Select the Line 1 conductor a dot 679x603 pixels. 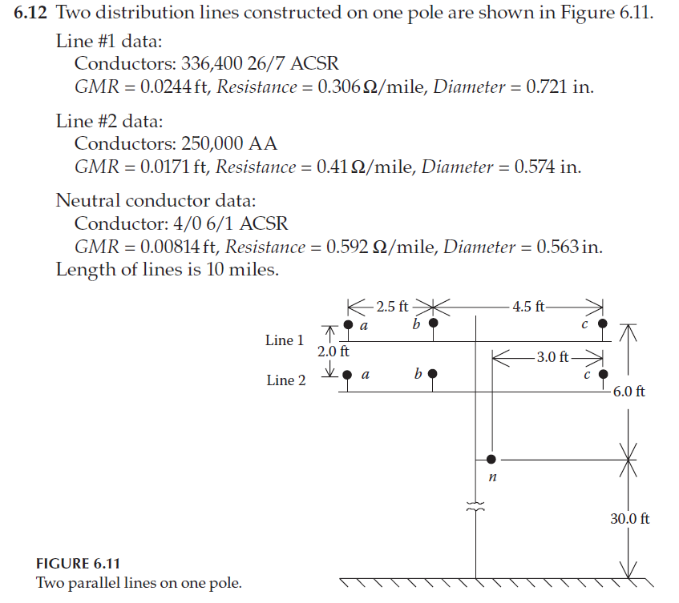[x=348, y=325]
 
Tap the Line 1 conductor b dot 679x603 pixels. [x=434, y=324]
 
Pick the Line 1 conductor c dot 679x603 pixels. [x=603, y=324]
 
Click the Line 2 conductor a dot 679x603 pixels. [x=348, y=374]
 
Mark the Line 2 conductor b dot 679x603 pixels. [x=434, y=374]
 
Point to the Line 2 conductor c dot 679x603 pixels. [x=603, y=374]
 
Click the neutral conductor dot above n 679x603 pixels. [x=491, y=460]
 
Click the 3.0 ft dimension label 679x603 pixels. [x=552, y=356]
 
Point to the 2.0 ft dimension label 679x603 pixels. [x=333, y=351]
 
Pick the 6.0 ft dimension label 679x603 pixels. [x=628, y=392]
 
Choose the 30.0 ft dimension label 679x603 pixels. [x=629, y=519]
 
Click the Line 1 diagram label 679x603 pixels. [x=285, y=340]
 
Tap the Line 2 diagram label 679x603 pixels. [x=285, y=380]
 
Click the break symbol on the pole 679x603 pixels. [x=477, y=506]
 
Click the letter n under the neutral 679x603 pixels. [x=492, y=478]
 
